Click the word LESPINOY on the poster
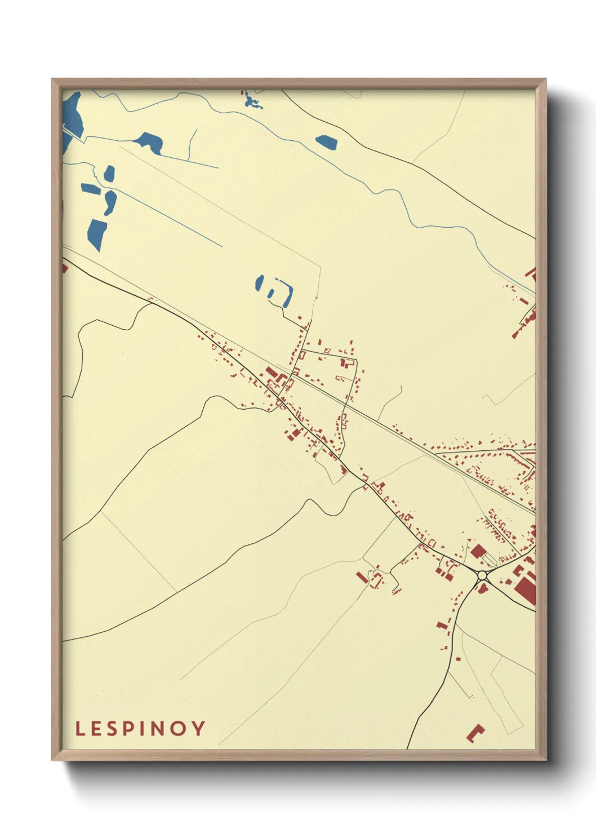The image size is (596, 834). [x=140, y=728]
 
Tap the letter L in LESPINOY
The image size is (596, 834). [x=80, y=728]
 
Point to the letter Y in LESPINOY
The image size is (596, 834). [x=199, y=728]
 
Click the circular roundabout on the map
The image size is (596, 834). [x=482, y=575]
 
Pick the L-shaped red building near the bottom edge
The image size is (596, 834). [x=474, y=733]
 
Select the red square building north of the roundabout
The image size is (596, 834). [x=478, y=551]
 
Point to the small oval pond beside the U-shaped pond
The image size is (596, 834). [x=260, y=282]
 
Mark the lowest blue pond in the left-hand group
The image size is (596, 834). [x=97, y=234]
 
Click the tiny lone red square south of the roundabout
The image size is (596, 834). [x=457, y=658]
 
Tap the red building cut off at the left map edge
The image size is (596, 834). [x=64, y=267]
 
